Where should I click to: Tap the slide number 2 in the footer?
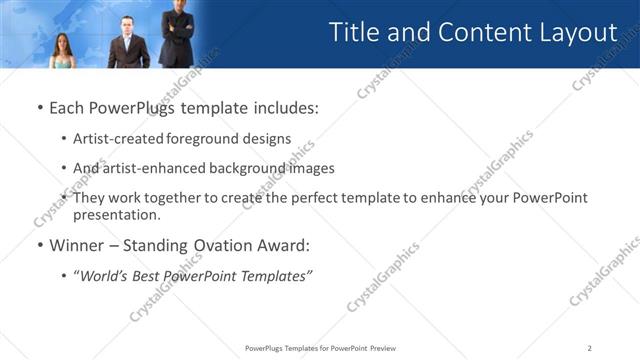(x=590, y=348)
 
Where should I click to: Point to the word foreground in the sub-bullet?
(x=212, y=139)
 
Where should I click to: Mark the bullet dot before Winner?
(x=39, y=246)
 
